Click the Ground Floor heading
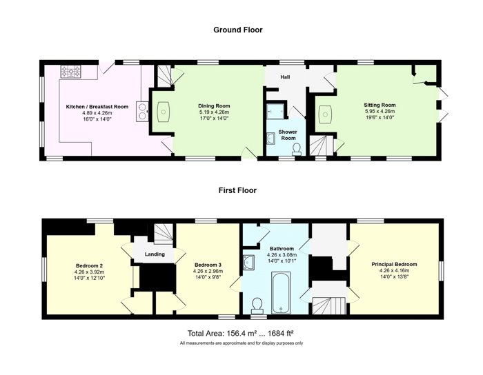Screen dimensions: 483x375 (x=238, y=30)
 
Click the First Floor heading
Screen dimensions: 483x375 (x=237, y=190)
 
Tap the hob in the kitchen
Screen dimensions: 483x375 (x=70, y=72)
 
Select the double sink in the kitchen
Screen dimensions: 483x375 (x=142, y=111)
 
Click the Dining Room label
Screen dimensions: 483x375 (x=214, y=106)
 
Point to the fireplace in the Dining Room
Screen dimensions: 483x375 (x=164, y=112)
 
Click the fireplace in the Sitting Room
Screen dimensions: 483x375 (x=325, y=114)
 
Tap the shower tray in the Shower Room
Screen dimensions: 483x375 (x=276, y=111)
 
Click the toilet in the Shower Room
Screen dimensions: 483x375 (x=297, y=149)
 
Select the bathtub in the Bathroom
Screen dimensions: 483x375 (x=280, y=292)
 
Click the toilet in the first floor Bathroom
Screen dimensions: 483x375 (x=257, y=305)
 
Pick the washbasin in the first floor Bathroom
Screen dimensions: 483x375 (x=248, y=262)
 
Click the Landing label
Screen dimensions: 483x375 (x=155, y=254)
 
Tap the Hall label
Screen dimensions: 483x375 (x=285, y=77)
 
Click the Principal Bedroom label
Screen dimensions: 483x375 (x=394, y=264)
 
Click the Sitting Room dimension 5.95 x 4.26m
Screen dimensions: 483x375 (x=379, y=112)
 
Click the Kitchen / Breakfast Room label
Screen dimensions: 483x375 (x=97, y=107)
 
